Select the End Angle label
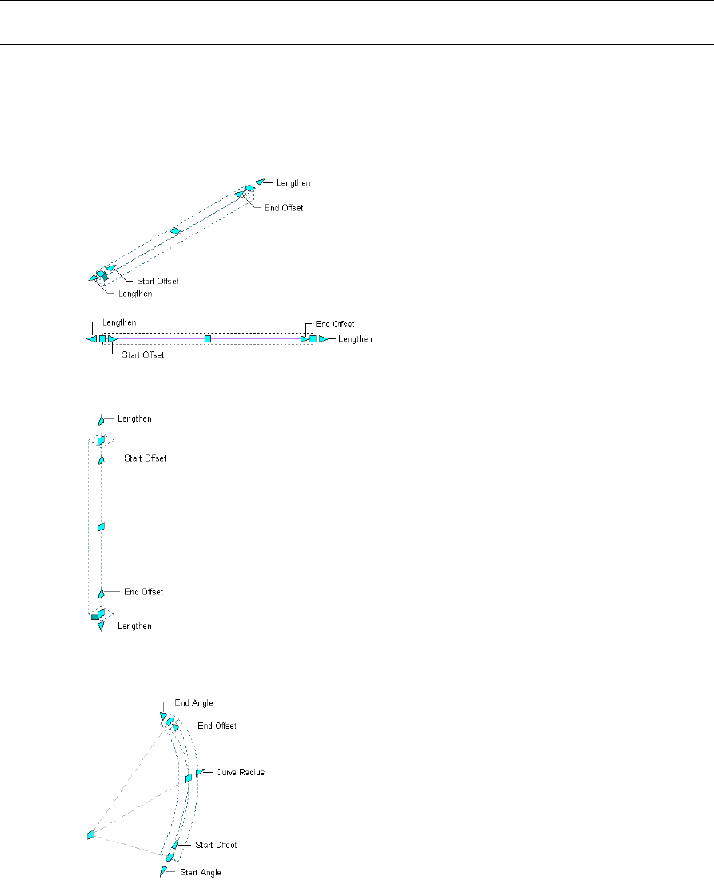click(x=194, y=702)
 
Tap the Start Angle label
click(x=200, y=871)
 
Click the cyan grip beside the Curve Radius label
click(x=200, y=773)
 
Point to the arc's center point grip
click(x=90, y=835)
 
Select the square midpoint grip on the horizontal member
click(x=208, y=339)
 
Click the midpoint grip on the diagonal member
click(x=176, y=231)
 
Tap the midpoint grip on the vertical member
click(x=101, y=527)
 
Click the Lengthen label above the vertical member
click(x=134, y=418)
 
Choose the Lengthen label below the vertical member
click(x=134, y=626)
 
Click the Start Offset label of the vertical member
click(x=145, y=458)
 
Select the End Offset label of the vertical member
click(x=143, y=592)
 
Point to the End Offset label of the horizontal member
click(x=335, y=324)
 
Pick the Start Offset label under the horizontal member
click(x=142, y=354)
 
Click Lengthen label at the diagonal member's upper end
click(x=293, y=183)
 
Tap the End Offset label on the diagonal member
click(x=284, y=208)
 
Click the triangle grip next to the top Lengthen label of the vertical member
click(x=102, y=419)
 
